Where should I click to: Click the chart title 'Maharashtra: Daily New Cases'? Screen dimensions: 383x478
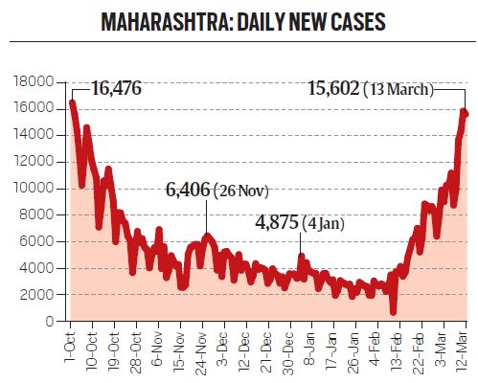pos(239,21)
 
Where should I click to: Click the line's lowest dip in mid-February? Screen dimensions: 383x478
pos(393,311)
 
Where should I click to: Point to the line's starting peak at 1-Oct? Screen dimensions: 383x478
pos(72,102)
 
